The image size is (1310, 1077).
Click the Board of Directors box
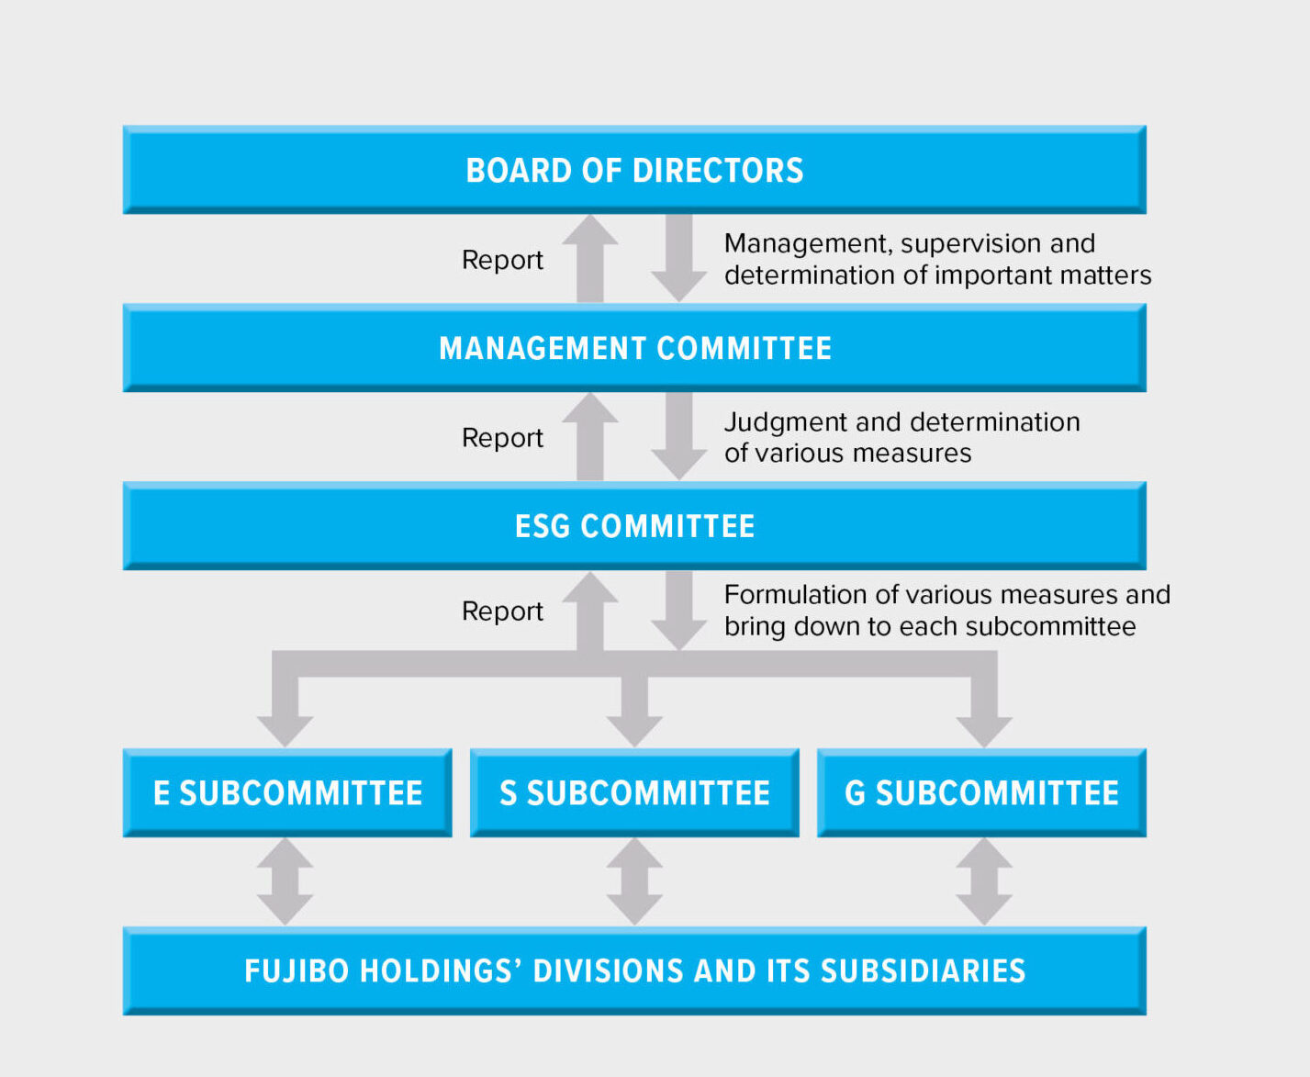(634, 170)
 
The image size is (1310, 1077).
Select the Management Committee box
(634, 348)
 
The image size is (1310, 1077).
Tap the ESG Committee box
(634, 525)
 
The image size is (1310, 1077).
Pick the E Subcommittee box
(287, 793)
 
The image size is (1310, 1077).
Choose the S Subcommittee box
(634, 793)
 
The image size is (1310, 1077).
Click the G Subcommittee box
(981, 793)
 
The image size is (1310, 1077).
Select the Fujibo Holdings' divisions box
(634, 970)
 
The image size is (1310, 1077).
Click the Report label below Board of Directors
(502, 260)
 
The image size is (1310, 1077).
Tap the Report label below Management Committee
(502, 438)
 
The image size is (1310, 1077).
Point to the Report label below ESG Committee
(502, 611)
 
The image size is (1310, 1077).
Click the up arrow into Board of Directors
(590, 259)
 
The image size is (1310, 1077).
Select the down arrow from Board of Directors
(679, 258)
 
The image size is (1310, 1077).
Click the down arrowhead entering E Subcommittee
(286, 731)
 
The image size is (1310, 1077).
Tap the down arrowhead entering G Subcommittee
(984, 731)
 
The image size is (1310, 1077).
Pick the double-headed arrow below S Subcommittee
(634, 882)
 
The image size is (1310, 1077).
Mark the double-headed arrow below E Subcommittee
(286, 882)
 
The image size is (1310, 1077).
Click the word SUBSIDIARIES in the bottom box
(923, 971)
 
